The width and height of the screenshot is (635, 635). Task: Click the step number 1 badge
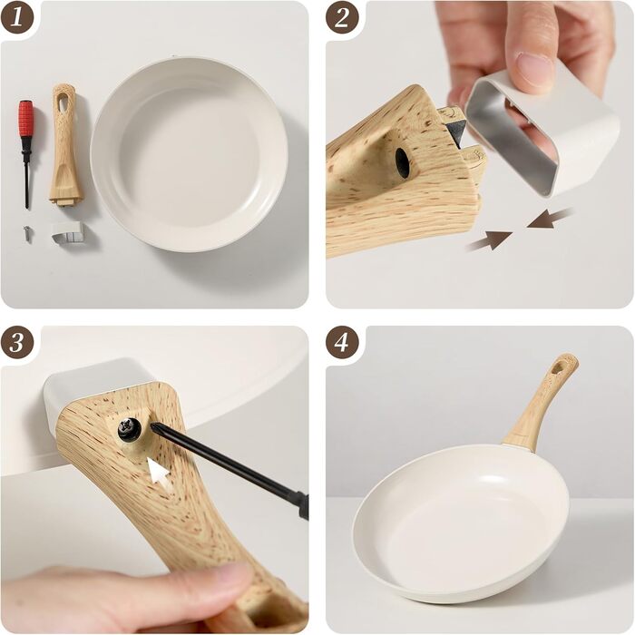[x=17, y=17]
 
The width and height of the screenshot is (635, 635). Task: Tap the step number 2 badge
[x=342, y=17]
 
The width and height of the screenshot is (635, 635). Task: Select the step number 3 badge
[x=17, y=343]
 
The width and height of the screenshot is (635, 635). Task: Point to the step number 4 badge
[x=342, y=343]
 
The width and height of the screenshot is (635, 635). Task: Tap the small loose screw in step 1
[x=27, y=234]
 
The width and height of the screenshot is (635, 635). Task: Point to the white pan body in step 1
[x=189, y=153]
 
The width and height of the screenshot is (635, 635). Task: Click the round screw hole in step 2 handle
[x=402, y=162]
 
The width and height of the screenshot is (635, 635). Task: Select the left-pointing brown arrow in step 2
[x=550, y=220]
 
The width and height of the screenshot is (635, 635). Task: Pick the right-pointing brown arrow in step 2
[x=490, y=239]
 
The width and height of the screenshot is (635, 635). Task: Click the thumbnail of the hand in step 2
[x=533, y=69]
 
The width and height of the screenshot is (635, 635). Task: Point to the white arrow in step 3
[x=159, y=471]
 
